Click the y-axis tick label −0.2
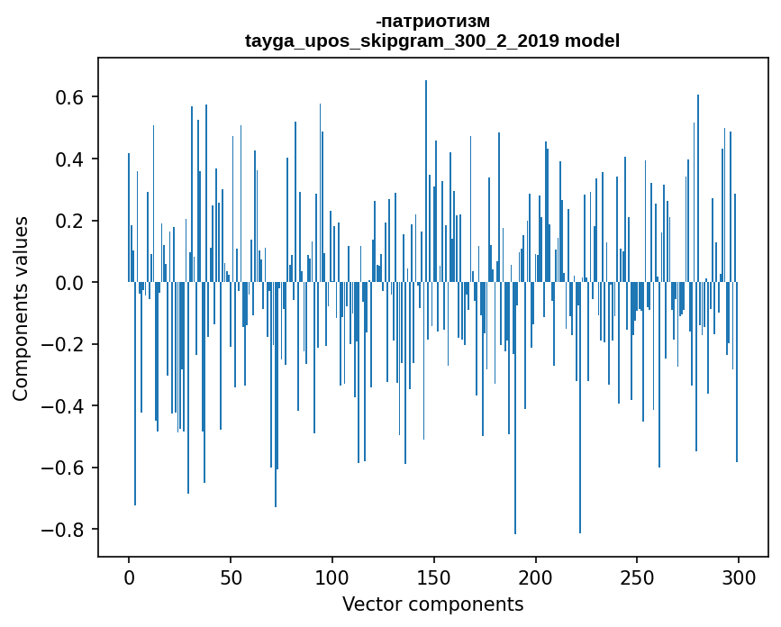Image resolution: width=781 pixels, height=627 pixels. pyautogui.click(x=66, y=344)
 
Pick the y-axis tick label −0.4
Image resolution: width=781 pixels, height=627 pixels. pyautogui.click(x=66, y=406)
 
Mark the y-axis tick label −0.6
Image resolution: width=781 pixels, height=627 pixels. pyautogui.click(x=66, y=468)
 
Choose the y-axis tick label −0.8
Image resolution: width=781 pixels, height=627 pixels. pyautogui.click(x=66, y=530)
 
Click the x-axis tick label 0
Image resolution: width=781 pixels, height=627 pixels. pyautogui.click(x=129, y=577)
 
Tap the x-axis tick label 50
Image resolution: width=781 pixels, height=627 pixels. pyautogui.click(x=231, y=577)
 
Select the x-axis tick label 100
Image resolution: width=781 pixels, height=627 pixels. pyautogui.click(x=332, y=577)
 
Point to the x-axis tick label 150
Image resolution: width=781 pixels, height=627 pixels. pyautogui.click(x=434, y=577)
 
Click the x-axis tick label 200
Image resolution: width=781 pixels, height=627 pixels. pyautogui.click(x=536, y=577)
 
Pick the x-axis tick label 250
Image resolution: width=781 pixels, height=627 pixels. pyautogui.click(x=637, y=577)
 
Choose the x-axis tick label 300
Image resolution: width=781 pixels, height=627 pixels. pyautogui.click(x=739, y=577)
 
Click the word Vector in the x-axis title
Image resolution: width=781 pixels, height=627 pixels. pyautogui.click(x=369, y=604)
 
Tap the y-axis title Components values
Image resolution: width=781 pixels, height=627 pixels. pyautogui.click(x=21, y=308)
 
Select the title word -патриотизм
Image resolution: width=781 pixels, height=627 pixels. pyautogui.click(x=432, y=21)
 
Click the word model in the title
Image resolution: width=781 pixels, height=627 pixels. pyautogui.click(x=592, y=41)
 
